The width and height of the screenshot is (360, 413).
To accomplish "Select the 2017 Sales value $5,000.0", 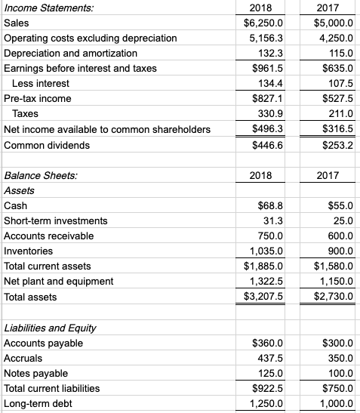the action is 333,23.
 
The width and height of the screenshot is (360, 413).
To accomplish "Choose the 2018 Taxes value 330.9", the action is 269,114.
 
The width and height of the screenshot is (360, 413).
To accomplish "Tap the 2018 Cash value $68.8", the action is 269,206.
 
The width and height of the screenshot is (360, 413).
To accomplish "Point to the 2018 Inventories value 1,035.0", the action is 265,251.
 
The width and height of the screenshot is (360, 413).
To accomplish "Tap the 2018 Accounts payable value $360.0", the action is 266,344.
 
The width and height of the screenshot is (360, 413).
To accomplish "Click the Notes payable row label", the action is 36,374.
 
